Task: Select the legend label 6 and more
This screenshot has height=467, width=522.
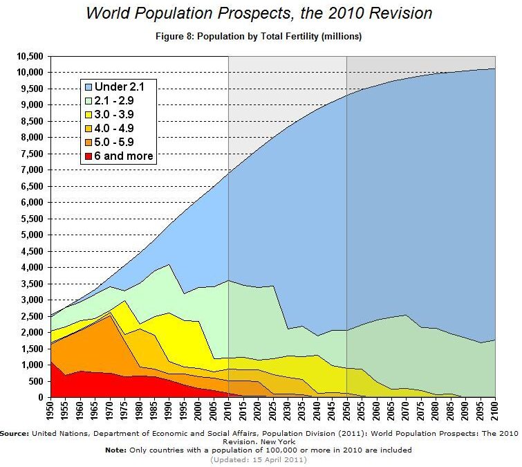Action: tap(125, 156)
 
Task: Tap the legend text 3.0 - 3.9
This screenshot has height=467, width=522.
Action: tap(119, 115)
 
